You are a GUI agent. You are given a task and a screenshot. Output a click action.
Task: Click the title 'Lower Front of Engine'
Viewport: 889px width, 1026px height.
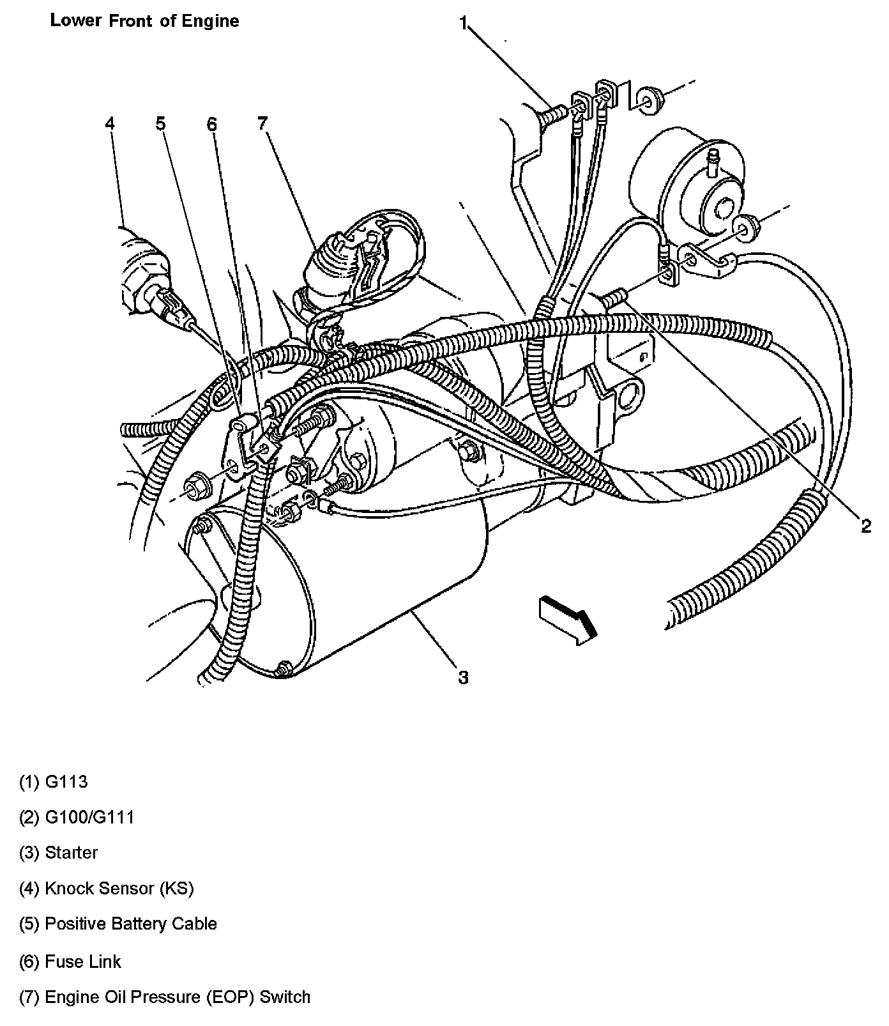click(x=144, y=21)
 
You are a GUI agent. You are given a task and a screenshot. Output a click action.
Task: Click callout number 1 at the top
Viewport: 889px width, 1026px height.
click(x=464, y=24)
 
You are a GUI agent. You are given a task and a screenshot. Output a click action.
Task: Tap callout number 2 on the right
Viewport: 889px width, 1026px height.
click(x=865, y=526)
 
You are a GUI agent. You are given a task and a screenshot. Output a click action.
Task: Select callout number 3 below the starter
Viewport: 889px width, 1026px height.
click(x=463, y=677)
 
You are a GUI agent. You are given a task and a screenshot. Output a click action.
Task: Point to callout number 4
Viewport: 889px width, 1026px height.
click(x=110, y=123)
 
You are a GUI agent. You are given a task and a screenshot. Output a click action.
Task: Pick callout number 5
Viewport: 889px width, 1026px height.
click(x=160, y=123)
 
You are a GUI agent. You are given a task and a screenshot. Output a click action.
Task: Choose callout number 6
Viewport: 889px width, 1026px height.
click(x=211, y=123)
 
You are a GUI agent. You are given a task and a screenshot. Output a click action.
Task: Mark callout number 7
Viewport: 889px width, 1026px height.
click(x=262, y=123)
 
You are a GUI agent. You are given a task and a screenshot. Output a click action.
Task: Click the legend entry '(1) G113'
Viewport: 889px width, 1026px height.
click(x=54, y=782)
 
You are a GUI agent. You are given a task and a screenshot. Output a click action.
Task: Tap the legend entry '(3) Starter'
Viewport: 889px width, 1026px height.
click(x=59, y=853)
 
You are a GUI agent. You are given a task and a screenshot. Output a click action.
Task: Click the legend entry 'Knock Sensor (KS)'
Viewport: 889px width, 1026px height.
click(x=107, y=889)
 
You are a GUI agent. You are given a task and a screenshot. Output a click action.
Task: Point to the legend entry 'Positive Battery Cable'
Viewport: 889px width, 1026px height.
click(x=119, y=924)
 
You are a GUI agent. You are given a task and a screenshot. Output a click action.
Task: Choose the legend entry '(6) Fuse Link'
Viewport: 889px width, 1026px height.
click(x=70, y=961)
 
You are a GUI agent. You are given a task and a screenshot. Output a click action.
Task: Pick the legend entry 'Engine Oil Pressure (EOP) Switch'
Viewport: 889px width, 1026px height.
click(x=165, y=997)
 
